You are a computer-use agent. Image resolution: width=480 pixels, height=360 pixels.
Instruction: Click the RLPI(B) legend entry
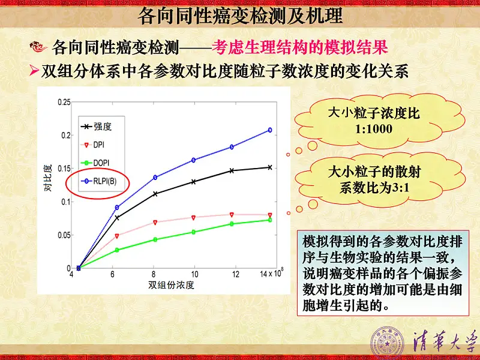tap(99, 181)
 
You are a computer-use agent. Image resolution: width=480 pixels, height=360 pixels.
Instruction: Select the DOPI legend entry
tap(95, 163)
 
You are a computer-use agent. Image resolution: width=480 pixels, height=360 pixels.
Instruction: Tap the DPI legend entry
tap(93, 145)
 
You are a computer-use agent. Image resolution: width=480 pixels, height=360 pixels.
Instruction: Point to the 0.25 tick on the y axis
tap(64, 102)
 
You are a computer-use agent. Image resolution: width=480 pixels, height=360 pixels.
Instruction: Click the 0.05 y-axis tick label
tap(64, 235)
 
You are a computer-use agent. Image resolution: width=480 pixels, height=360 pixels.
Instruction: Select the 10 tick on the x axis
tap(194, 274)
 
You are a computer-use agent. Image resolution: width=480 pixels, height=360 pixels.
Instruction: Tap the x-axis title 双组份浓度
tap(172, 285)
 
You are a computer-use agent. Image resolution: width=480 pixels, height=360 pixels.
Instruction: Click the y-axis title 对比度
tap(48, 178)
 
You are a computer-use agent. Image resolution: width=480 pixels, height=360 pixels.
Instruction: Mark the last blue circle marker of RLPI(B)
tap(270, 130)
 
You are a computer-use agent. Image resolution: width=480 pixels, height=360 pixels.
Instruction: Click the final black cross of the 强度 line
tap(270, 167)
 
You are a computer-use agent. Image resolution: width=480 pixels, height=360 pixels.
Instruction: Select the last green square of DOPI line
tap(270, 220)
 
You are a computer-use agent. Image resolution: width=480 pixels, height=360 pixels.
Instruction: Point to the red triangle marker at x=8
tap(155, 222)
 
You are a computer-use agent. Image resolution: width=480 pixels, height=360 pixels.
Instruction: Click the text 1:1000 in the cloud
tap(374, 129)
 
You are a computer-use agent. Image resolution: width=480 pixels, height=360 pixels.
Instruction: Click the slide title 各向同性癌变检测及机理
tap(240, 16)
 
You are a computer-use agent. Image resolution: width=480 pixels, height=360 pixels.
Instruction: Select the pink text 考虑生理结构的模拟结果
tap(299, 48)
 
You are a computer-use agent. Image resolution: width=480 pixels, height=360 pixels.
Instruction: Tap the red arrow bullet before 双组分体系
tap(34, 71)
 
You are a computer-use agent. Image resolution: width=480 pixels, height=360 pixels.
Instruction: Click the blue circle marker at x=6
tap(117, 208)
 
